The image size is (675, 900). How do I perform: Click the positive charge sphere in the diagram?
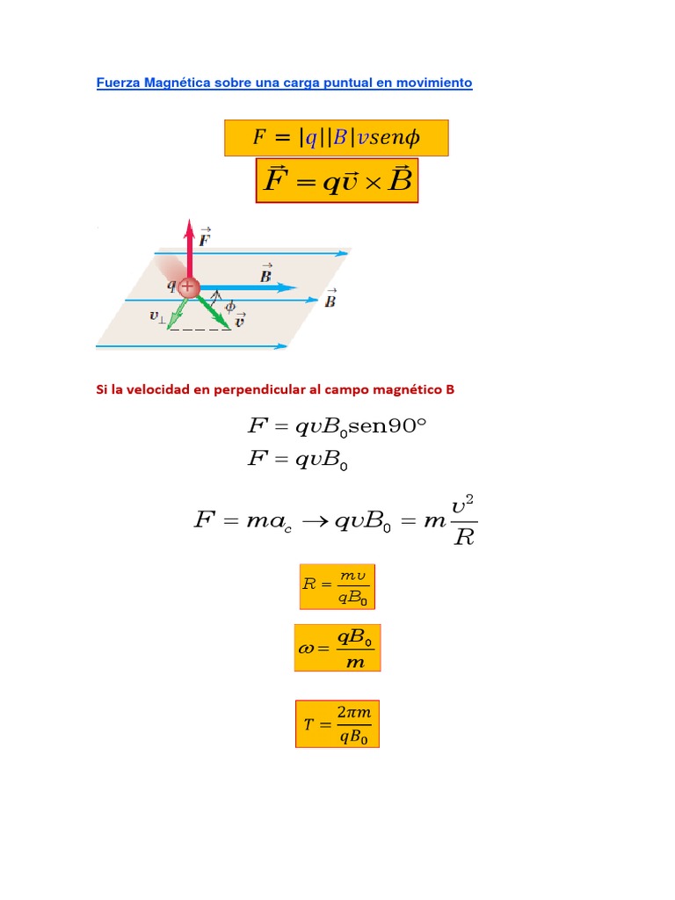click(188, 287)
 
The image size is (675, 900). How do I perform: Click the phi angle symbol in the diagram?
click(230, 307)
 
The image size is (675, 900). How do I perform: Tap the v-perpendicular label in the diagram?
click(157, 317)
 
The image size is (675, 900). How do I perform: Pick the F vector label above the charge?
click(206, 236)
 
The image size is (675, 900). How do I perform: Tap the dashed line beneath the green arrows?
click(200, 330)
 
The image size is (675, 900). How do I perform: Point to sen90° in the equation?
click(388, 428)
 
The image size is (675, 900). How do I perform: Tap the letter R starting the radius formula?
click(308, 583)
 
